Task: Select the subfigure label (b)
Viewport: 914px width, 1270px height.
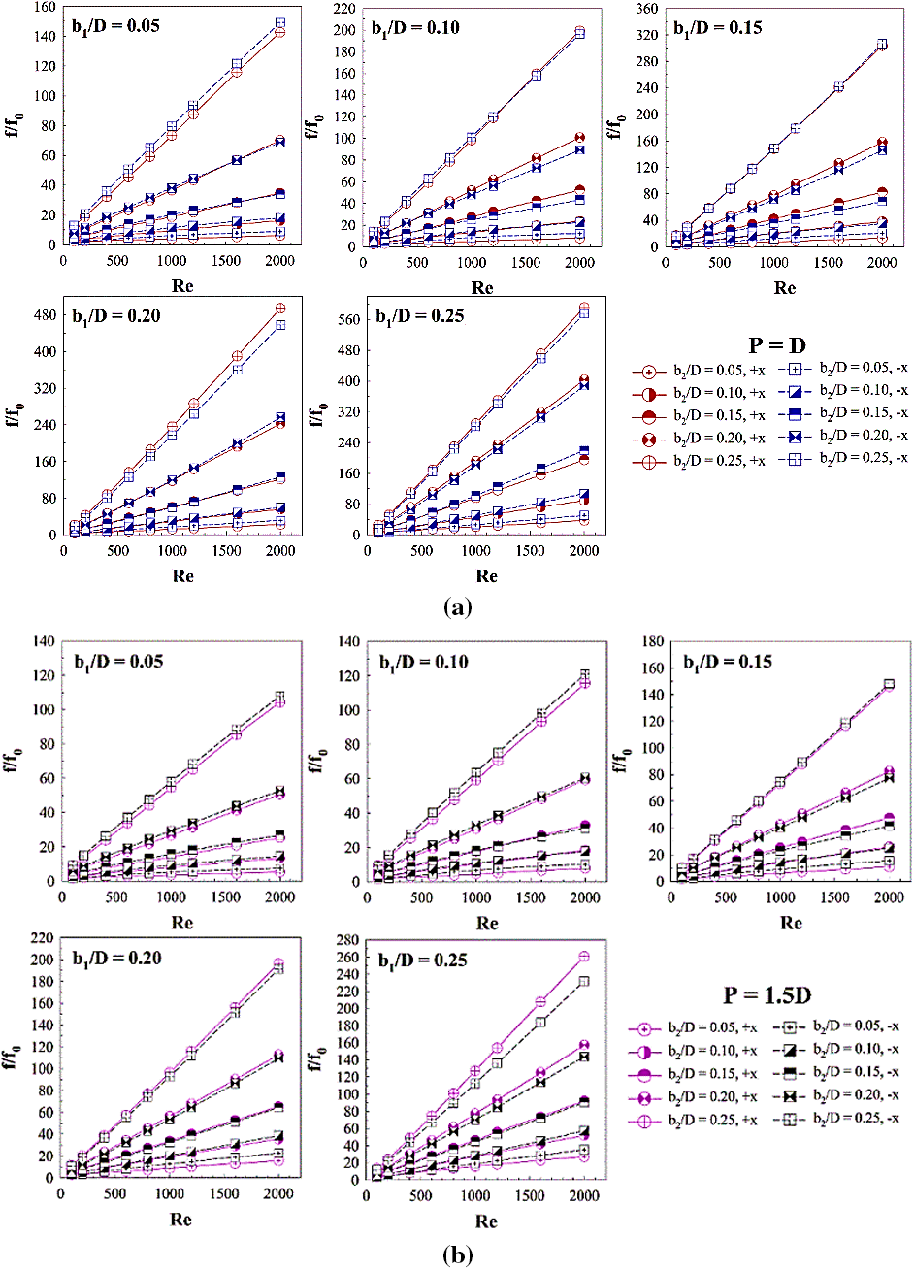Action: tap(457, 1255)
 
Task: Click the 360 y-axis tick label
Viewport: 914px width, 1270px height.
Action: tap(637, 9)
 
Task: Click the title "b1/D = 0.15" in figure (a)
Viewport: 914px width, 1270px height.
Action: tap(717, 27)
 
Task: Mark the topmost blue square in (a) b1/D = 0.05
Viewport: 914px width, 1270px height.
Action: tap(279, 22)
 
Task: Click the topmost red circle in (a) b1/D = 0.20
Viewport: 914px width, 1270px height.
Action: tap(280, 309)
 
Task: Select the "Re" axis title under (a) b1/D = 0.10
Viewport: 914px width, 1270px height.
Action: tap(482, 288)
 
